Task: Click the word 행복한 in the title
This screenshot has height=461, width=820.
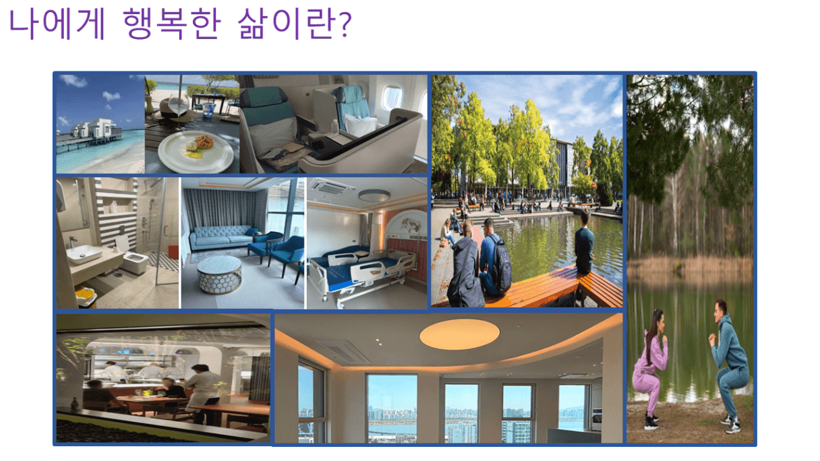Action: (x=172, y=24)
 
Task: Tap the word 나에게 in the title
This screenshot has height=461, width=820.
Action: (x=57, y=24)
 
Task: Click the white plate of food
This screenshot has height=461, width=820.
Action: (x=196, y=152)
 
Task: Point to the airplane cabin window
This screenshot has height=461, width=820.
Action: (x=392, y=98)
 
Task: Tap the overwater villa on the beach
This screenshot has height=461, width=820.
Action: (x=96, y=131)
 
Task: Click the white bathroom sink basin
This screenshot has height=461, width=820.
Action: (x=84, y=254)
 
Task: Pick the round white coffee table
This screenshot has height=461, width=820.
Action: (x=219, y=274)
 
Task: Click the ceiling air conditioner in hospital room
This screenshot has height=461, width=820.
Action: (x=332, y=187)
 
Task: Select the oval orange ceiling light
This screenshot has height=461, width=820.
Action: (x=459, y=334)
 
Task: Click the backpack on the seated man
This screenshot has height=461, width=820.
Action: (x=501, y=264)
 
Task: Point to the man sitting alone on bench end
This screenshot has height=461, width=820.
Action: (x=583, y=243)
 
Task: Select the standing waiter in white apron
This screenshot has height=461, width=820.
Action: (x=202, y=394)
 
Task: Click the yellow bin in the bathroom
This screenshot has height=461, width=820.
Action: (x=87, y=297)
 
